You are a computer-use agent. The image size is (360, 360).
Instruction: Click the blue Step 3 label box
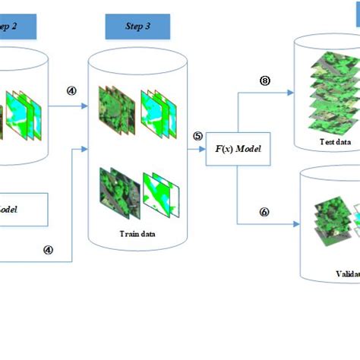(137, 26)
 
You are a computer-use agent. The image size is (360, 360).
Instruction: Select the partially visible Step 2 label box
(16, 26)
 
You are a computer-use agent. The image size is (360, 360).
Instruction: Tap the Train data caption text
(137, 234)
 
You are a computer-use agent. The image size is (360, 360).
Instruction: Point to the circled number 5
(197, 136)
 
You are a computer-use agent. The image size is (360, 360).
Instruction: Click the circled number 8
(264, 80)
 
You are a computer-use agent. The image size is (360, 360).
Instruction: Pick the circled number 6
(264, 212)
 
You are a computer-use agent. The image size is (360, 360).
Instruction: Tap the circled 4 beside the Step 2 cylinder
(71, 90)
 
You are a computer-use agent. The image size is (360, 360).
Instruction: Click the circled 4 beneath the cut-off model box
(48, 248)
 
